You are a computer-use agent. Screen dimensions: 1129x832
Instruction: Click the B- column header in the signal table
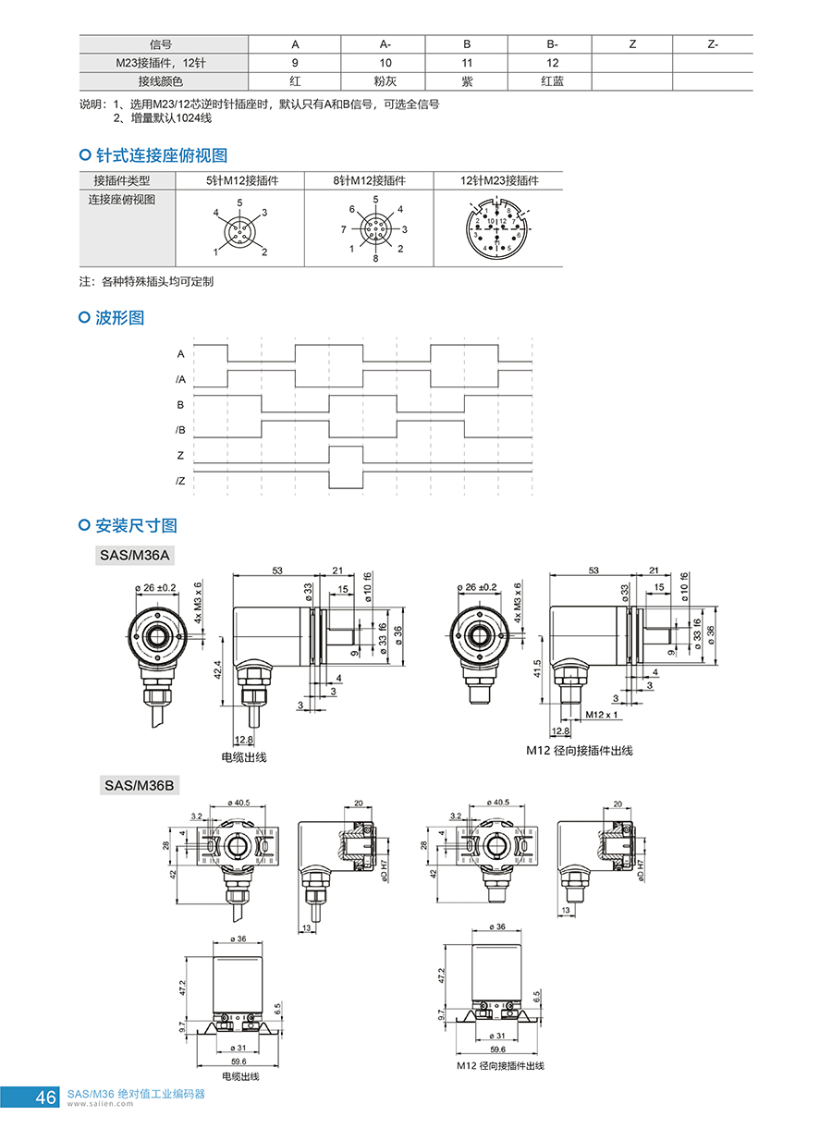click(552, 44)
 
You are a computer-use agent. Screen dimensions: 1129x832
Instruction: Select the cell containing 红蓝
click(552, 80)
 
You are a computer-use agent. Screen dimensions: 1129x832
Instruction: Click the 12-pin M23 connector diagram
click(497, 228)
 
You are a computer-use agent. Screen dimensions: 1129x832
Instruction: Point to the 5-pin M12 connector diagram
click(240, 227)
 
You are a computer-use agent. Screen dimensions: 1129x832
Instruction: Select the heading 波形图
click(119, 318)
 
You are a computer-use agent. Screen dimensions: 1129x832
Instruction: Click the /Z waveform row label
click(180, 480)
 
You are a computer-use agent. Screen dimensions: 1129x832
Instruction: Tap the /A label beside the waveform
click(180, 379)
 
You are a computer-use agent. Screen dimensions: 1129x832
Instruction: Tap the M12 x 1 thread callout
click(602, 715)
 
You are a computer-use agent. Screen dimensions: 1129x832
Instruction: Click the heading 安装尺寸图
click(135, 526)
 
